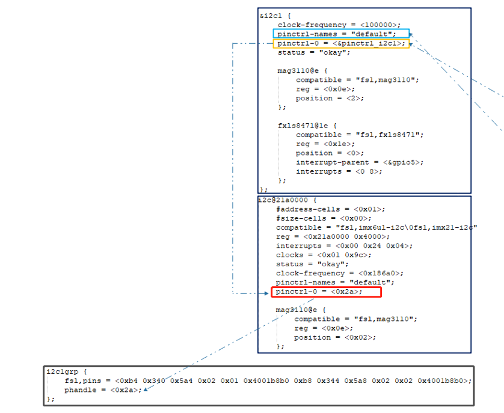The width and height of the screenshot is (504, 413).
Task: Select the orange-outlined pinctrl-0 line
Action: pos(341,43)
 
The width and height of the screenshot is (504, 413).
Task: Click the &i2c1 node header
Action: pos(274,16)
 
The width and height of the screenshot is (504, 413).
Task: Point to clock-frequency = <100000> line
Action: pos(339,25)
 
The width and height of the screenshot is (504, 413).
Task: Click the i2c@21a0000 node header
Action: pos(286,200)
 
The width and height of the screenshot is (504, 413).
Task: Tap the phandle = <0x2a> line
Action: pos(103,390)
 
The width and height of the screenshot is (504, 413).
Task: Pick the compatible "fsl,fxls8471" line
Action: pos(359,135)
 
